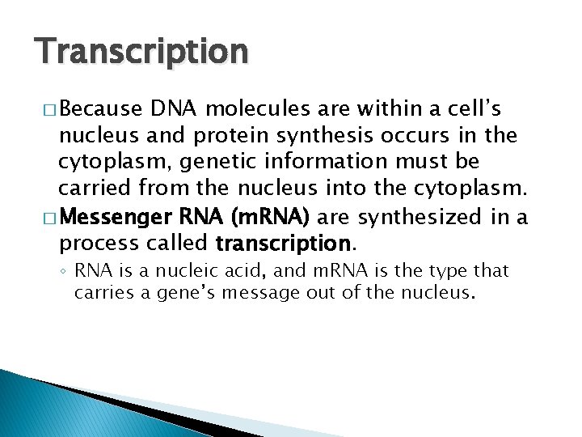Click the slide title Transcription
pos(141,51)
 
